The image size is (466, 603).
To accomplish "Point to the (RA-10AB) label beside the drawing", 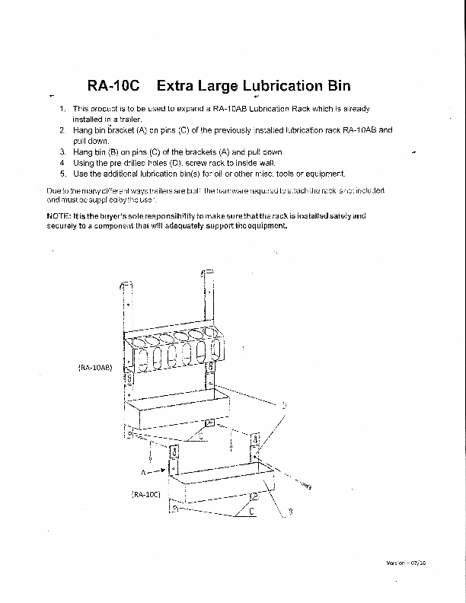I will (x=95, y=368).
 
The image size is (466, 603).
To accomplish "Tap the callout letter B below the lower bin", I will (x=290, y=511).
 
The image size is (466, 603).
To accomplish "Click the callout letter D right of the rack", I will (x=284, y=407).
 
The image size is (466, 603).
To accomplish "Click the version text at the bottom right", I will (x=406, y=563).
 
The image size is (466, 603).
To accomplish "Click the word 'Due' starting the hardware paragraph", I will (x=53, y=190).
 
